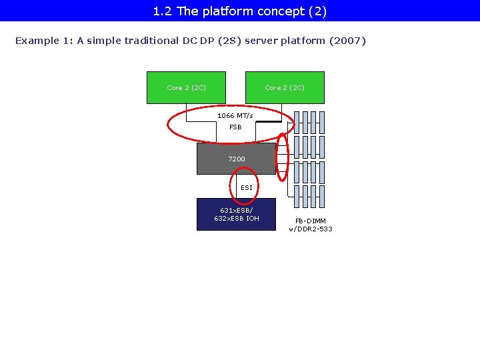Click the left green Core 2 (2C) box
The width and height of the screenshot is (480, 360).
coord(186,87)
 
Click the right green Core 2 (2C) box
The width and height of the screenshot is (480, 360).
coord(285,87)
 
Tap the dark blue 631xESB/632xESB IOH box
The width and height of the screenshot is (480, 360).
coord(236,214)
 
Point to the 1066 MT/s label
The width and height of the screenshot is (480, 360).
coord(235,116)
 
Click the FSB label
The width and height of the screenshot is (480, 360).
coord(235,127)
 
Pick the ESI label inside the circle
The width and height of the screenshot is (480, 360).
coord(247,188)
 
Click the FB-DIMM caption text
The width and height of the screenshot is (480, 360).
coord(311,221)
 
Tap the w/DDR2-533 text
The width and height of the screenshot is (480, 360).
coord(311,229)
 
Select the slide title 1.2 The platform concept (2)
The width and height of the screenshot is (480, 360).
coord(240,11)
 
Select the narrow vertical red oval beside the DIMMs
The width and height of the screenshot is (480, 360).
coord(283,157)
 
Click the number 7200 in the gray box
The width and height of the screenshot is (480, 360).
coord(236,159)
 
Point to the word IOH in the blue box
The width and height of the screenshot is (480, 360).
coord(253,218)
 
